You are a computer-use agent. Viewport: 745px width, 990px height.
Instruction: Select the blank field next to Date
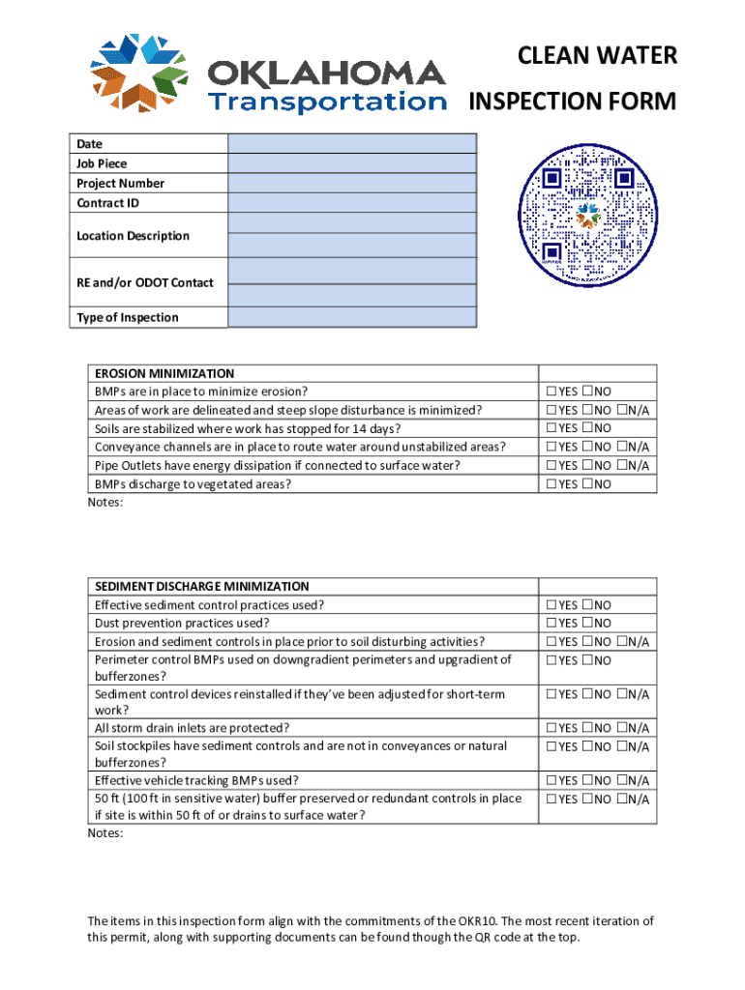(352, 144)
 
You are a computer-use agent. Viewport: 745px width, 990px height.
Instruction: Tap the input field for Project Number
(352, 183)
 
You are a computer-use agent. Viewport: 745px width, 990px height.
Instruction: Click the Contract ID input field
(352, 202)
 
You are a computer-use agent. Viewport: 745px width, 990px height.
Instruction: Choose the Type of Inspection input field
(352, 317)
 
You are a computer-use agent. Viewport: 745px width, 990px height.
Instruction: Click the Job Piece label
(102, 163)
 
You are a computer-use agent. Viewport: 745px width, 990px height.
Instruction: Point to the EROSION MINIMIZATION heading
(164, 373)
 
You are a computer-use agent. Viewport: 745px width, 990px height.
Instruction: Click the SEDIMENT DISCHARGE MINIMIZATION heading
(201, 586)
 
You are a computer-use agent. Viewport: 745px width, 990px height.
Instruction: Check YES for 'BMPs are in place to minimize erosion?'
(551, 392)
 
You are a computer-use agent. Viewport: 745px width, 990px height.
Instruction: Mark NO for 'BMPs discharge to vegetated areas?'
(587, 484)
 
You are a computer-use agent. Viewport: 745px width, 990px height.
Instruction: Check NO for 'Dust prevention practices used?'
(587, 624)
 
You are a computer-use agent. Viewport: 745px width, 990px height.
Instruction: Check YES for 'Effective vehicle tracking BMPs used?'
(551, 781)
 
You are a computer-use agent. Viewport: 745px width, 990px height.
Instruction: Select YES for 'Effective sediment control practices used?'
(551, 605)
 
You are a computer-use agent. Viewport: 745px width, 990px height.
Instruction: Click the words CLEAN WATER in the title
(597, 56)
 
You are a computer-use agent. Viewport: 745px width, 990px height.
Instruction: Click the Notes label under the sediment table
(105, 833)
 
